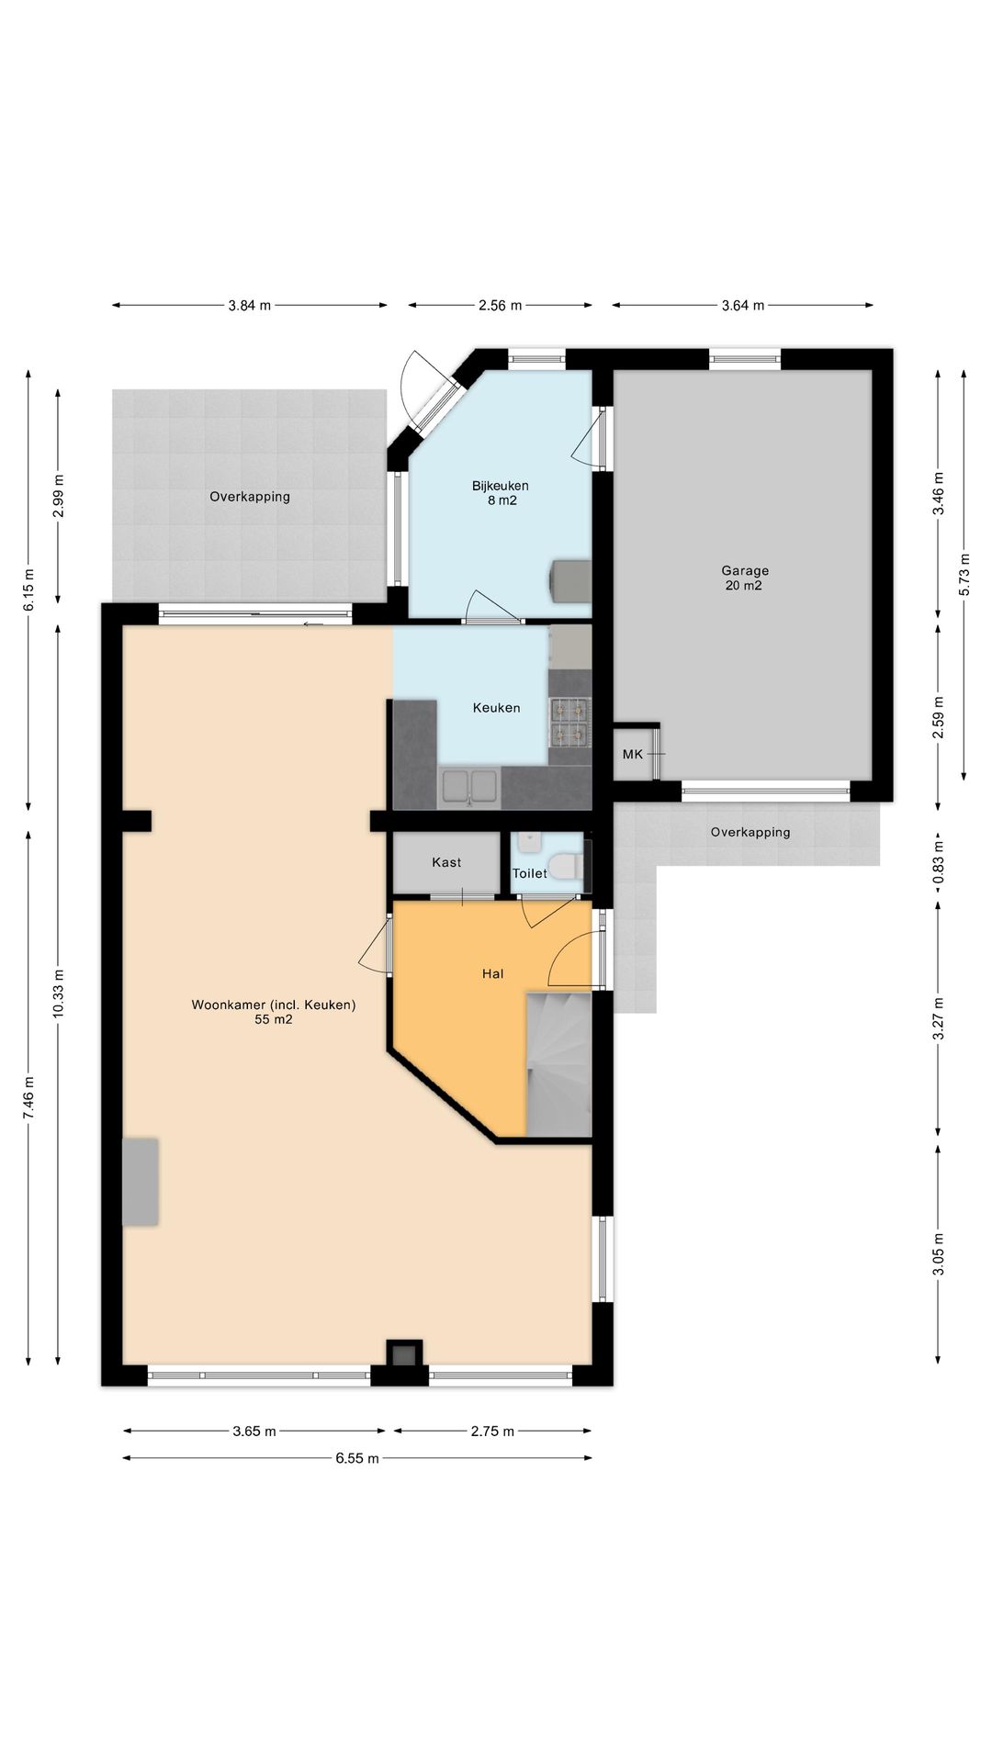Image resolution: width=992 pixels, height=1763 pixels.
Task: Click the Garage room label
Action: [x=745, y=570]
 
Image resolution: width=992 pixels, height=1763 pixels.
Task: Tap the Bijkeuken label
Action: [x=501, y=486]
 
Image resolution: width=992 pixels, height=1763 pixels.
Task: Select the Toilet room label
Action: [x=530, y=873]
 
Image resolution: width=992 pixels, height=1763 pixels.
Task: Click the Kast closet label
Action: [x=446, y=862]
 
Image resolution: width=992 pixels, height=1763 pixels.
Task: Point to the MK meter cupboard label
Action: [x=633, y=754]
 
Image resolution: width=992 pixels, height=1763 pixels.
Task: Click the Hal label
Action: [x=492, y=973]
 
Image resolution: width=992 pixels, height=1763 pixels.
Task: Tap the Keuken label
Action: [x=496, y=707]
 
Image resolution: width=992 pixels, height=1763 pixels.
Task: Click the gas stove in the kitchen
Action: [x=569, y=721]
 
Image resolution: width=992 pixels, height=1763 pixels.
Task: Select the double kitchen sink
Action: [x=470, y=787]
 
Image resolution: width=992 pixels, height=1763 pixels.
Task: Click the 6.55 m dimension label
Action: [x=357, y=1458]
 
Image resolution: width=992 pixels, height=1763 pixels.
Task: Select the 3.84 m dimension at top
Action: [x=250, y=306]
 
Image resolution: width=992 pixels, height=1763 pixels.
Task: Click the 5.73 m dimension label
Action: [x=964, y=574]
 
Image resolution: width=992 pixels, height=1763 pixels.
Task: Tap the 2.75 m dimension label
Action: [x=492, y=1431]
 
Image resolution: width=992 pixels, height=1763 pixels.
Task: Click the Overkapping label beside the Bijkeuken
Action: [x=250, y=497]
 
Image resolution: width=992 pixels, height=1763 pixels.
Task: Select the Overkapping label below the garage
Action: [x=750, y=833]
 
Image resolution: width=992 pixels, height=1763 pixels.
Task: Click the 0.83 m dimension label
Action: [x=938, y=868]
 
